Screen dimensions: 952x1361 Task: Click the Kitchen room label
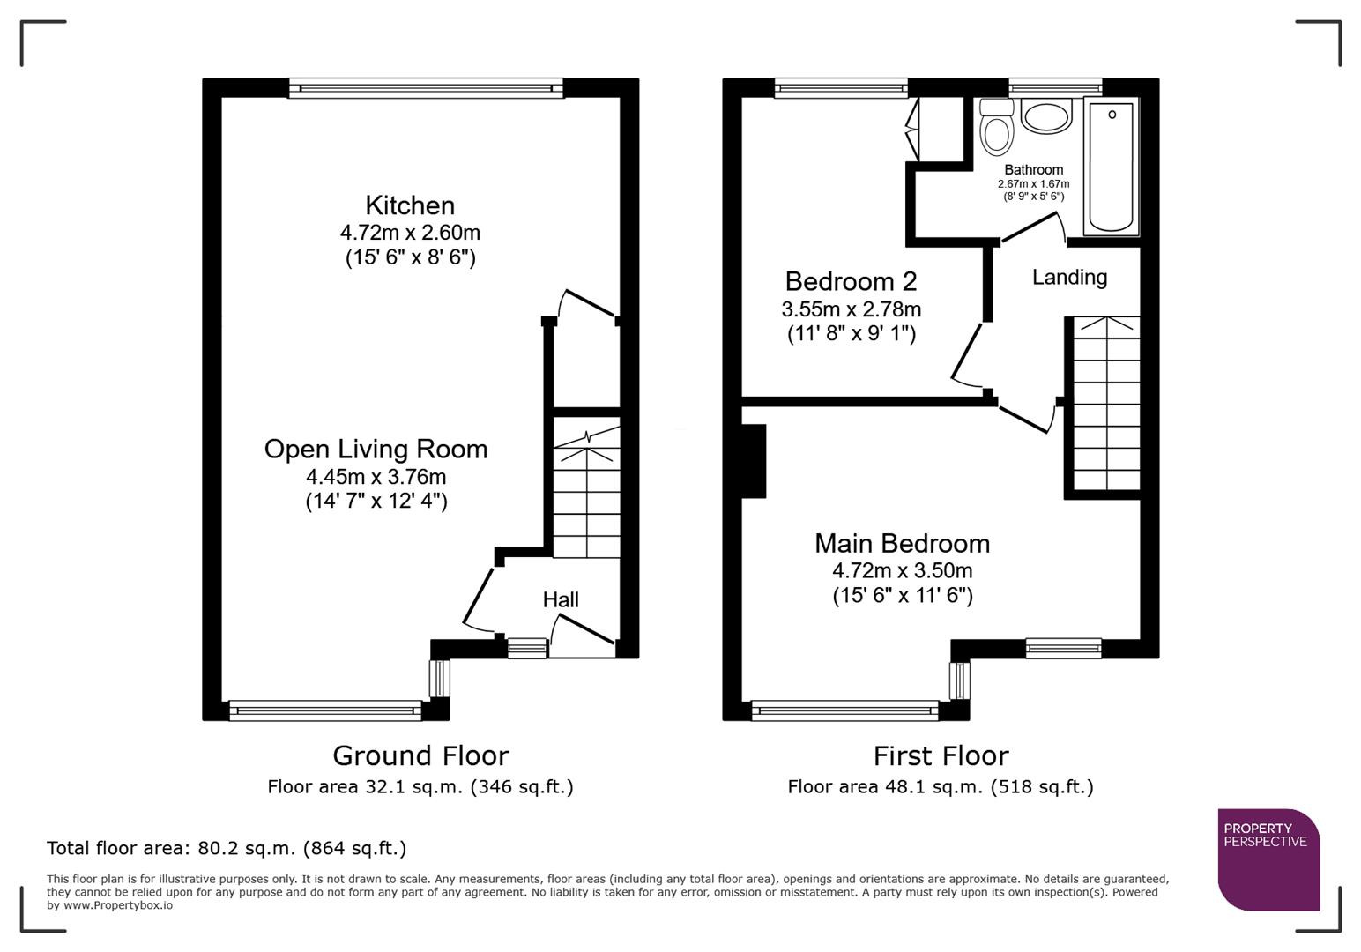[x=410, y=205]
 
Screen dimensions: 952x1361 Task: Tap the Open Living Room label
[x=376, y=449]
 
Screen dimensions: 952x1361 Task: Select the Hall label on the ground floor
[x=561, y=599]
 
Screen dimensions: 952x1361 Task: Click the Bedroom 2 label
[x=851, y=281]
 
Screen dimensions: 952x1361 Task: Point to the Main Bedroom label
[x=902, y=543]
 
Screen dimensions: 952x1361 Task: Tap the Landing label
[x=1069, y=278]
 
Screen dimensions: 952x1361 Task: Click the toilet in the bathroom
[x=997, y=129]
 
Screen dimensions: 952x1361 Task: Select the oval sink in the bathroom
[x=1046, y=116]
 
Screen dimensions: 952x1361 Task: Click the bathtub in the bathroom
[x=1112, y=167]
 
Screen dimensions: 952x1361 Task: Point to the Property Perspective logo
[x=1268, y=859]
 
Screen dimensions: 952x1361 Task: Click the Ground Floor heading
[x=420, y=755]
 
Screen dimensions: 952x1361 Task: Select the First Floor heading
[x=941, y=755]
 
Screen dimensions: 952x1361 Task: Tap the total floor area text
[x=227, y=848]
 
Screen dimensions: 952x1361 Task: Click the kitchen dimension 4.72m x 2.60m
[x=410, y=233]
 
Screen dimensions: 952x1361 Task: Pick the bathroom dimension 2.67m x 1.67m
[x=1033, y=184]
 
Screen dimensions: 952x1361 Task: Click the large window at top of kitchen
[x=426, y=87]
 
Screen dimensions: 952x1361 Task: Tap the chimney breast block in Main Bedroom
[x=753, y=461]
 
